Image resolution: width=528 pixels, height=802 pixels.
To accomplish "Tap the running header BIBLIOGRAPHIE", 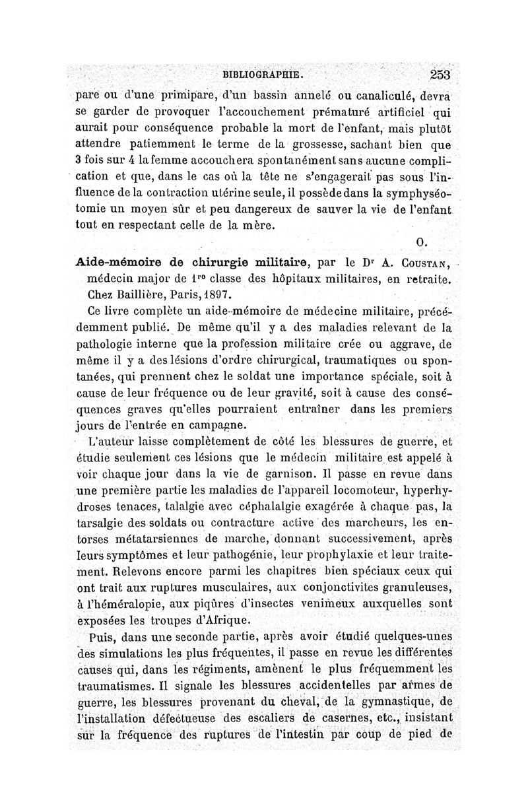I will point(263,75).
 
